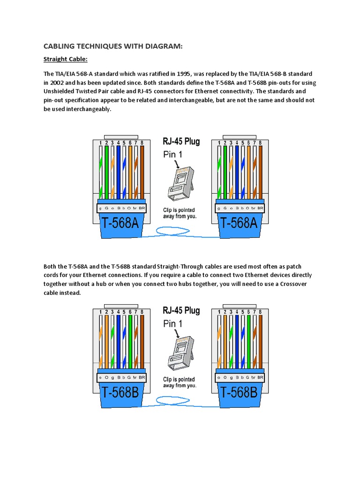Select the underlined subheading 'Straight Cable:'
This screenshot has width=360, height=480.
coord(65,59)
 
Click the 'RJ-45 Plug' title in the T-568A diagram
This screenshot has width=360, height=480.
coord(181,141)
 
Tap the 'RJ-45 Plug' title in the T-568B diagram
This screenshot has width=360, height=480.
coord(181,310)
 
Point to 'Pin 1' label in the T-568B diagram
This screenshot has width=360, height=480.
coord(173,323)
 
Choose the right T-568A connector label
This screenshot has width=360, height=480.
coord(239,223)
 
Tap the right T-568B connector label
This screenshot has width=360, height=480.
coord(239,391)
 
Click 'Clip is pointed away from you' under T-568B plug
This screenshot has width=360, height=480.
coord(180,382)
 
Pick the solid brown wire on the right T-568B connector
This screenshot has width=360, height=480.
coord(260,340)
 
